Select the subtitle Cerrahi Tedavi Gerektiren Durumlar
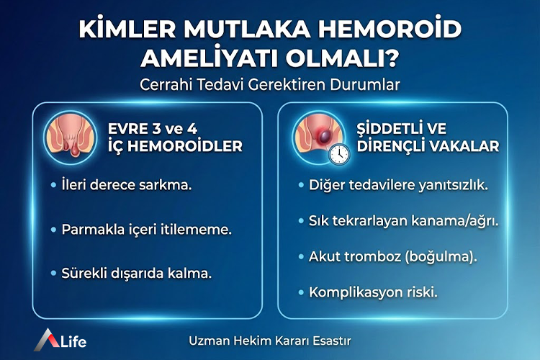270,84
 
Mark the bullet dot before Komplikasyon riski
301,292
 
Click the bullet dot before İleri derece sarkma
54,186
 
